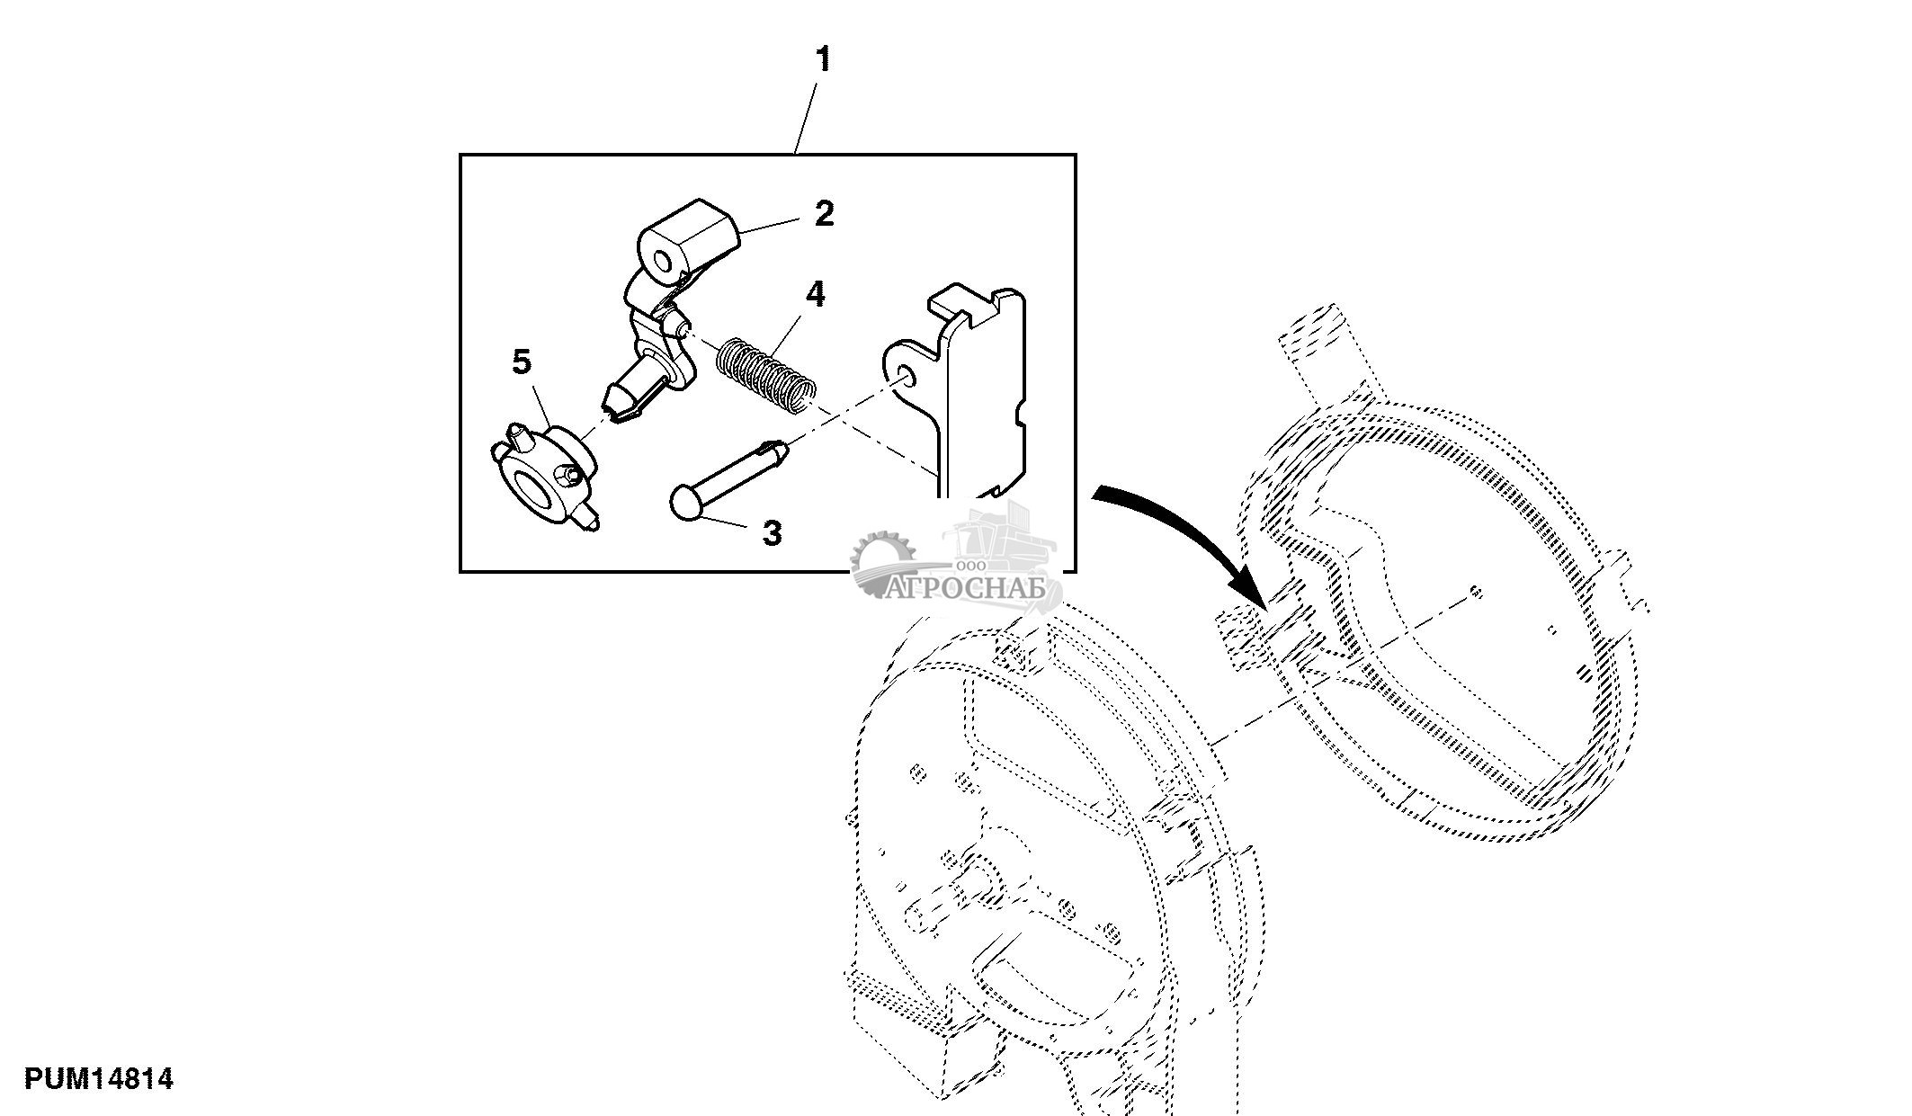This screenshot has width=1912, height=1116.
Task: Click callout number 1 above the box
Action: pyautogui.click(x=823, y=60)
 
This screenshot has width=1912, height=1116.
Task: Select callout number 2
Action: pyautogui.click(x=824, y=214)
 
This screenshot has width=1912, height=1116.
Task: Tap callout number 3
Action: pyautogui.click(x=772, y=533)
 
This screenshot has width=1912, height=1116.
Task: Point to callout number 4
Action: pyautogui.click(x=815, y=294)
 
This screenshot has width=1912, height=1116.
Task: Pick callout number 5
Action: pyautogui.click(x=522, y=362)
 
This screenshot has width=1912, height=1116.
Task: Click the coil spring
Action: pyautogui.click(x=766, y=376)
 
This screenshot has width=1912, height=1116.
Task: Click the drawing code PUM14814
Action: pyautogui.click(x=99, y=1078)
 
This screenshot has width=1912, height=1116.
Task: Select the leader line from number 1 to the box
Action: pyautogui.click(x=807, y=118)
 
